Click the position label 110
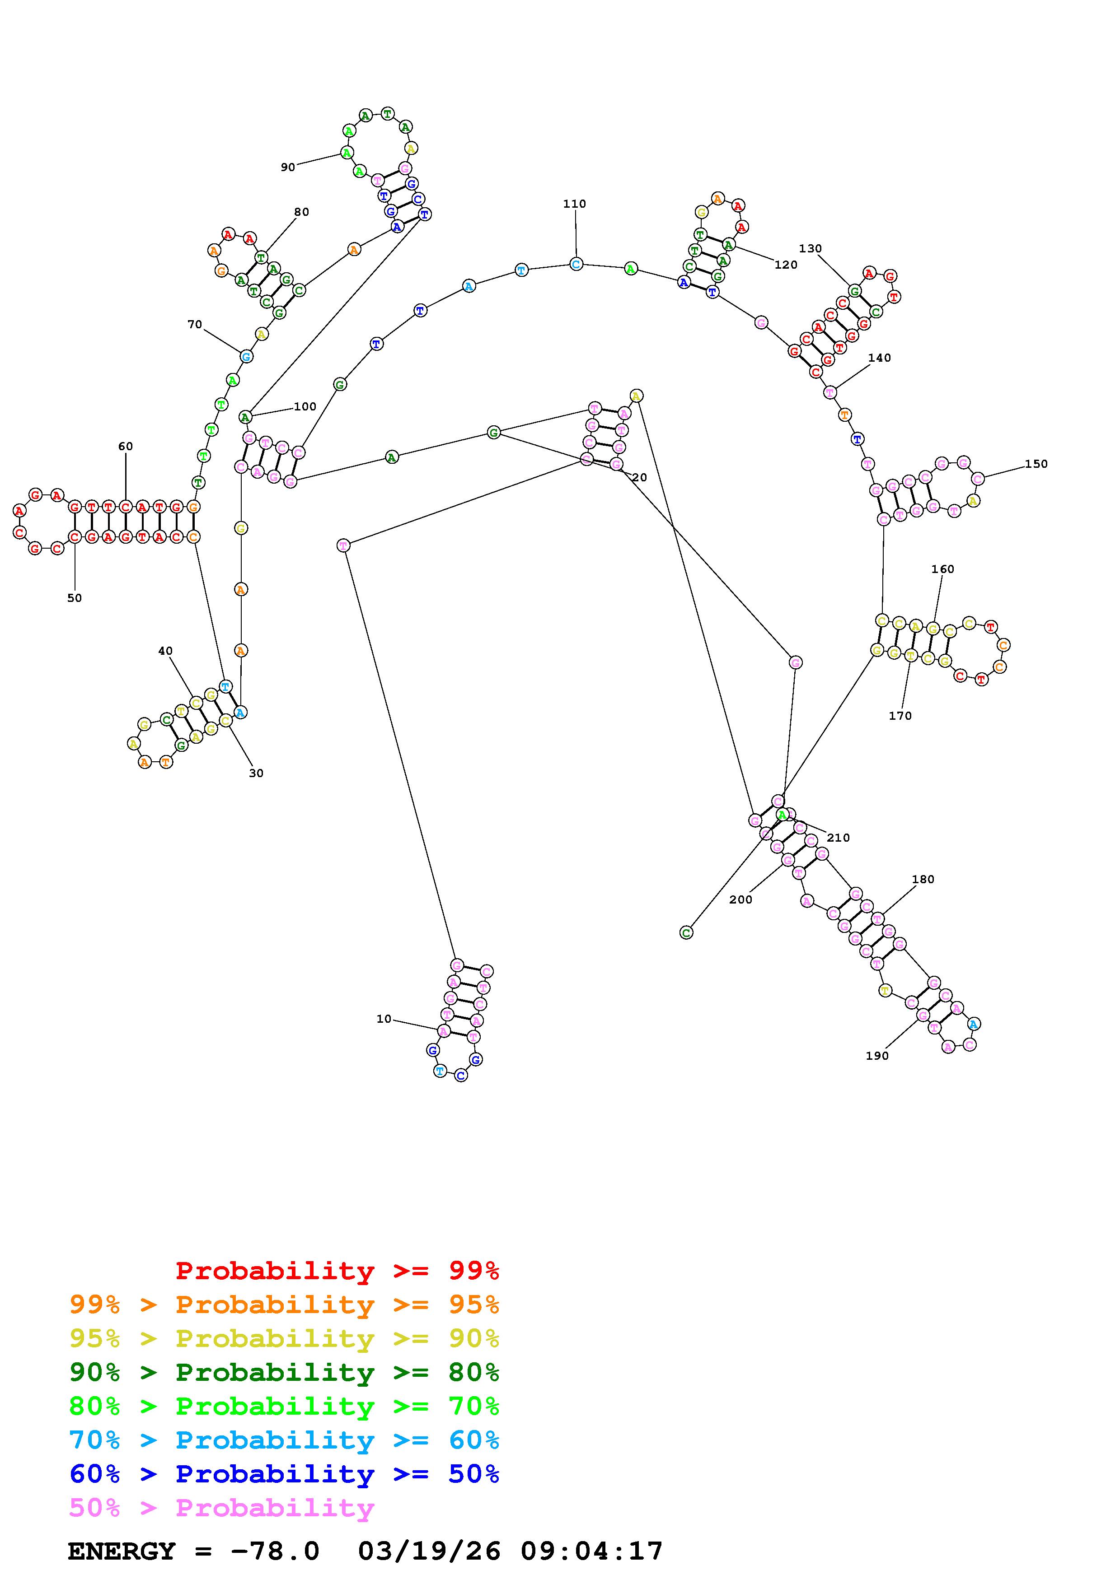click(x=574, y=204)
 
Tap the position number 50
click(x=75, y=598)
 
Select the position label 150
click(x=1036, y=464)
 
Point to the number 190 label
click(x=877, y=1056)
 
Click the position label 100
click(x=305, y=406)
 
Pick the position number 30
click(x=256, y=773)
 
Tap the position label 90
click(x=288, y=167)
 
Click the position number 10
click(x=384, y=1019)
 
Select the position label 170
click(x=900, y=716)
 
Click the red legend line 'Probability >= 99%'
click(x=337, y=1270)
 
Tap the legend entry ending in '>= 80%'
click(x=284, y=1372)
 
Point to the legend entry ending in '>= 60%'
click(x=284, y=1440)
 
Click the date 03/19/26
click(x=429, y=1551)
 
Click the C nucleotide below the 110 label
click(x=576, y=264)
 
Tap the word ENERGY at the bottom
click(x=122, y=1551)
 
